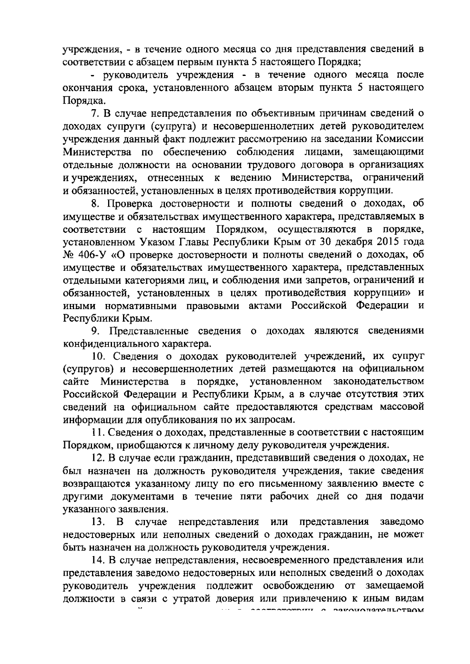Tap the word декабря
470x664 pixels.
pyautogui.click(x=352, y=242)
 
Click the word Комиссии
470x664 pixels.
pyautogui.click(x=399, y=139)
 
